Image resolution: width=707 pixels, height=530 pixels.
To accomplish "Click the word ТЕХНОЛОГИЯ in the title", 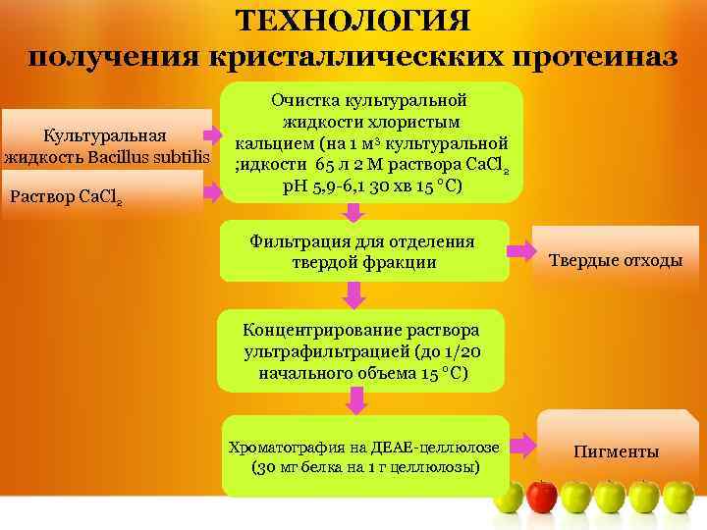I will coord(354,21).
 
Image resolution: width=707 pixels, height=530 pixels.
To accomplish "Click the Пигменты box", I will coord(616,451).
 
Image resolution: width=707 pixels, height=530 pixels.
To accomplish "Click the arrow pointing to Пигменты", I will coord(523,445).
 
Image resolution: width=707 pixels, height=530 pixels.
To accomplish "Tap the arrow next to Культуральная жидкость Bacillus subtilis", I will coord(212,135).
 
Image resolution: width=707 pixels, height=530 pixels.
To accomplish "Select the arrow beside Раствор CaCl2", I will coord(212,190).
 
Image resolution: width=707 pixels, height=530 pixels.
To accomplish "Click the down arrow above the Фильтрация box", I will coord(356,211).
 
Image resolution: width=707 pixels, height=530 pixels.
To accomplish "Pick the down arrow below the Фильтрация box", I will coord(355,291).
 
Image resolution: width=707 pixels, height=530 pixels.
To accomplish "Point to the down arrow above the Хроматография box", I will coord(355,399).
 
